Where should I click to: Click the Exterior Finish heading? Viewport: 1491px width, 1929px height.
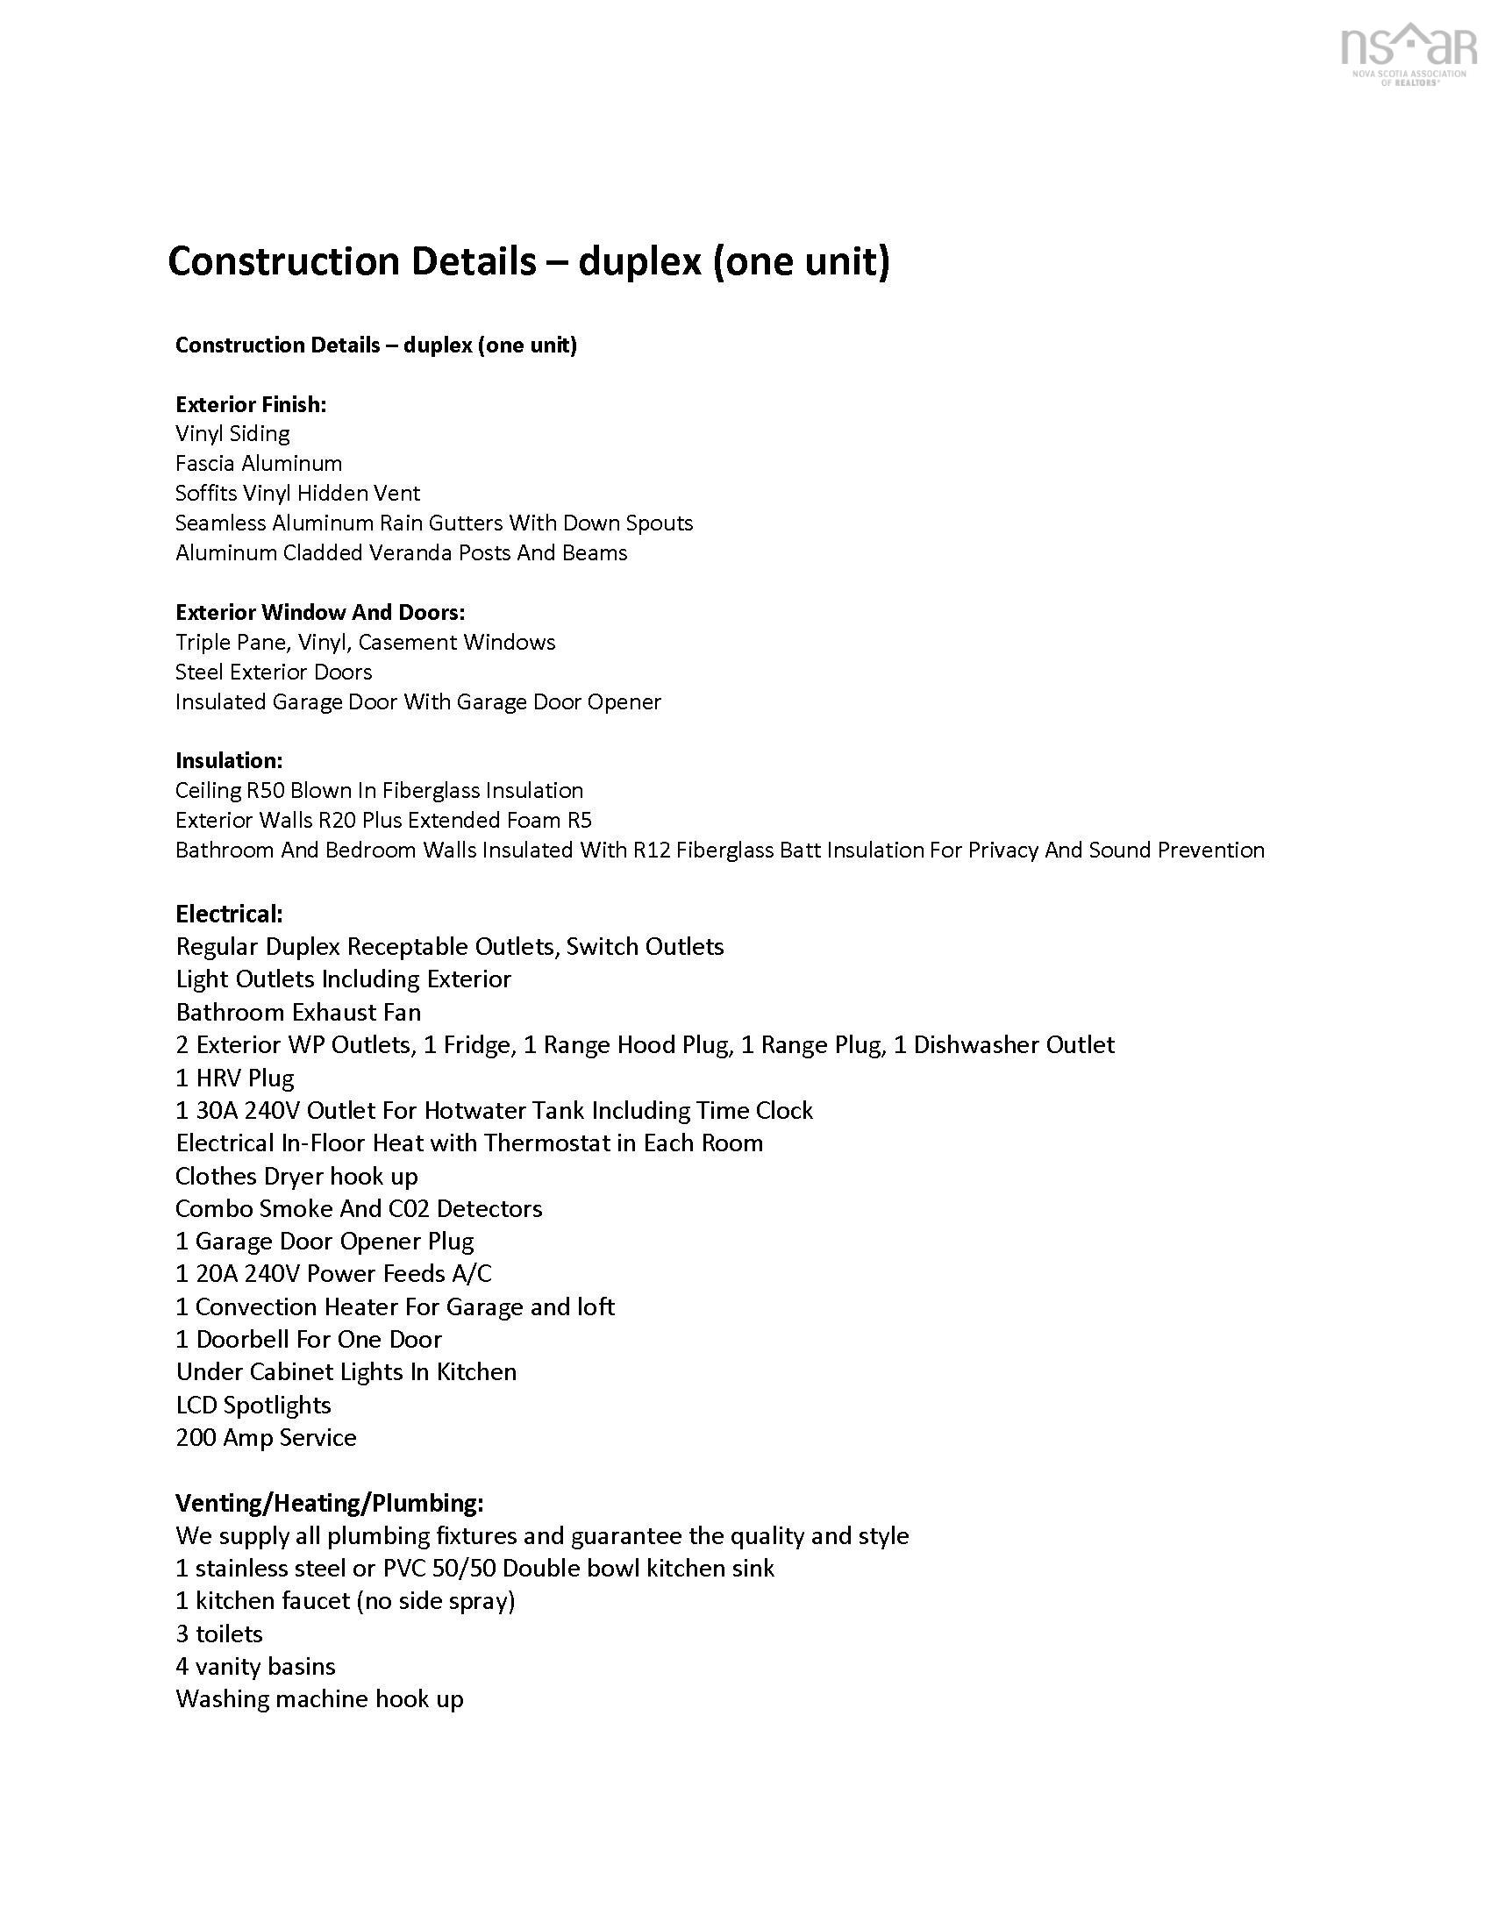tap(251, 404)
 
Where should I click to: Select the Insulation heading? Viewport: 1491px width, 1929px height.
tap(229, 760)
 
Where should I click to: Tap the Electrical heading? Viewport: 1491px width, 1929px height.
tap(229, 914)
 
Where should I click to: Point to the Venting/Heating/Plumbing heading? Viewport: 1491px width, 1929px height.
tap(330, 1502)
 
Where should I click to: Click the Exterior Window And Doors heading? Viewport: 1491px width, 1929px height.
tap(320, 612)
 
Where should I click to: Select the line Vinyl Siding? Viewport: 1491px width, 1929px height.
tap(232, 434)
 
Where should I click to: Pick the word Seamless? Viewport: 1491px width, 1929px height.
tap(220, 523)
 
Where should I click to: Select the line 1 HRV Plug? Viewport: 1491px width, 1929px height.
tap(235, 1078)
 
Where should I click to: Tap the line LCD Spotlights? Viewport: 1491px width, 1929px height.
tap(253, 1406)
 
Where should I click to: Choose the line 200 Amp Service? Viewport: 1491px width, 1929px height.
tap(266, 1438)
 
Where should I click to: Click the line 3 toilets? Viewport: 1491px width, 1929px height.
tap(219, 1634)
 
